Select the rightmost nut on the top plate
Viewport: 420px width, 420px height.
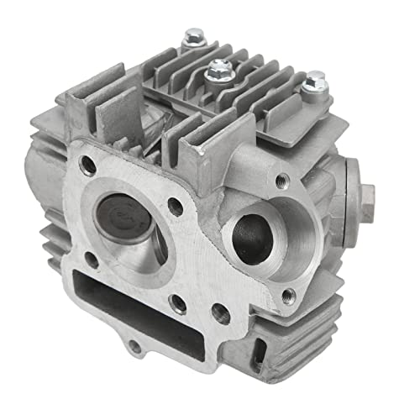[x=317, y=81]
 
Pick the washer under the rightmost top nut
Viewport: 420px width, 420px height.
[x=317, y=88]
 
